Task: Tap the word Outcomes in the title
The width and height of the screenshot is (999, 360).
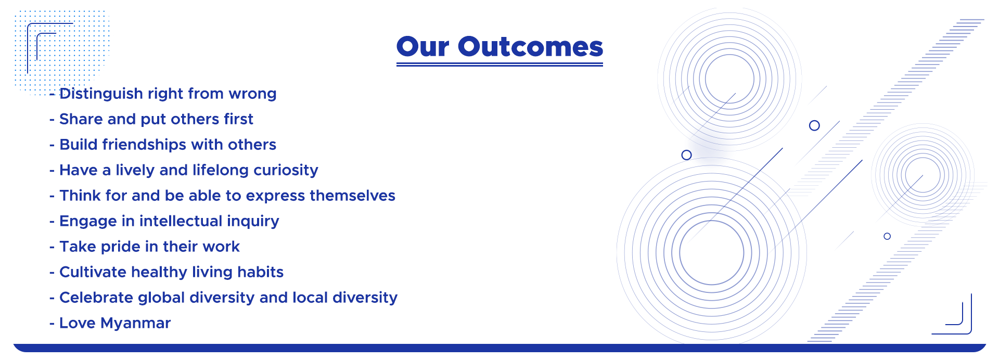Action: pyautogui.click(x=530, y=47)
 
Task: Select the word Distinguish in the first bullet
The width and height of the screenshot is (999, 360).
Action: pyautogui.click(x=101, y=94)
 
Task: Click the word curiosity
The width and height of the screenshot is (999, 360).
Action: pyautogui.click(x=286, y=171)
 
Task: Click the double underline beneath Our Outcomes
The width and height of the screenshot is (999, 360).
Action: pyautogui.click(x=499, y=65)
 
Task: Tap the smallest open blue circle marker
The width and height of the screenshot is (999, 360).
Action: pyautogui.click(x=887, y=236)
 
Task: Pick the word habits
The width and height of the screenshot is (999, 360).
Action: pyautogui.click(x=260, y=272)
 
